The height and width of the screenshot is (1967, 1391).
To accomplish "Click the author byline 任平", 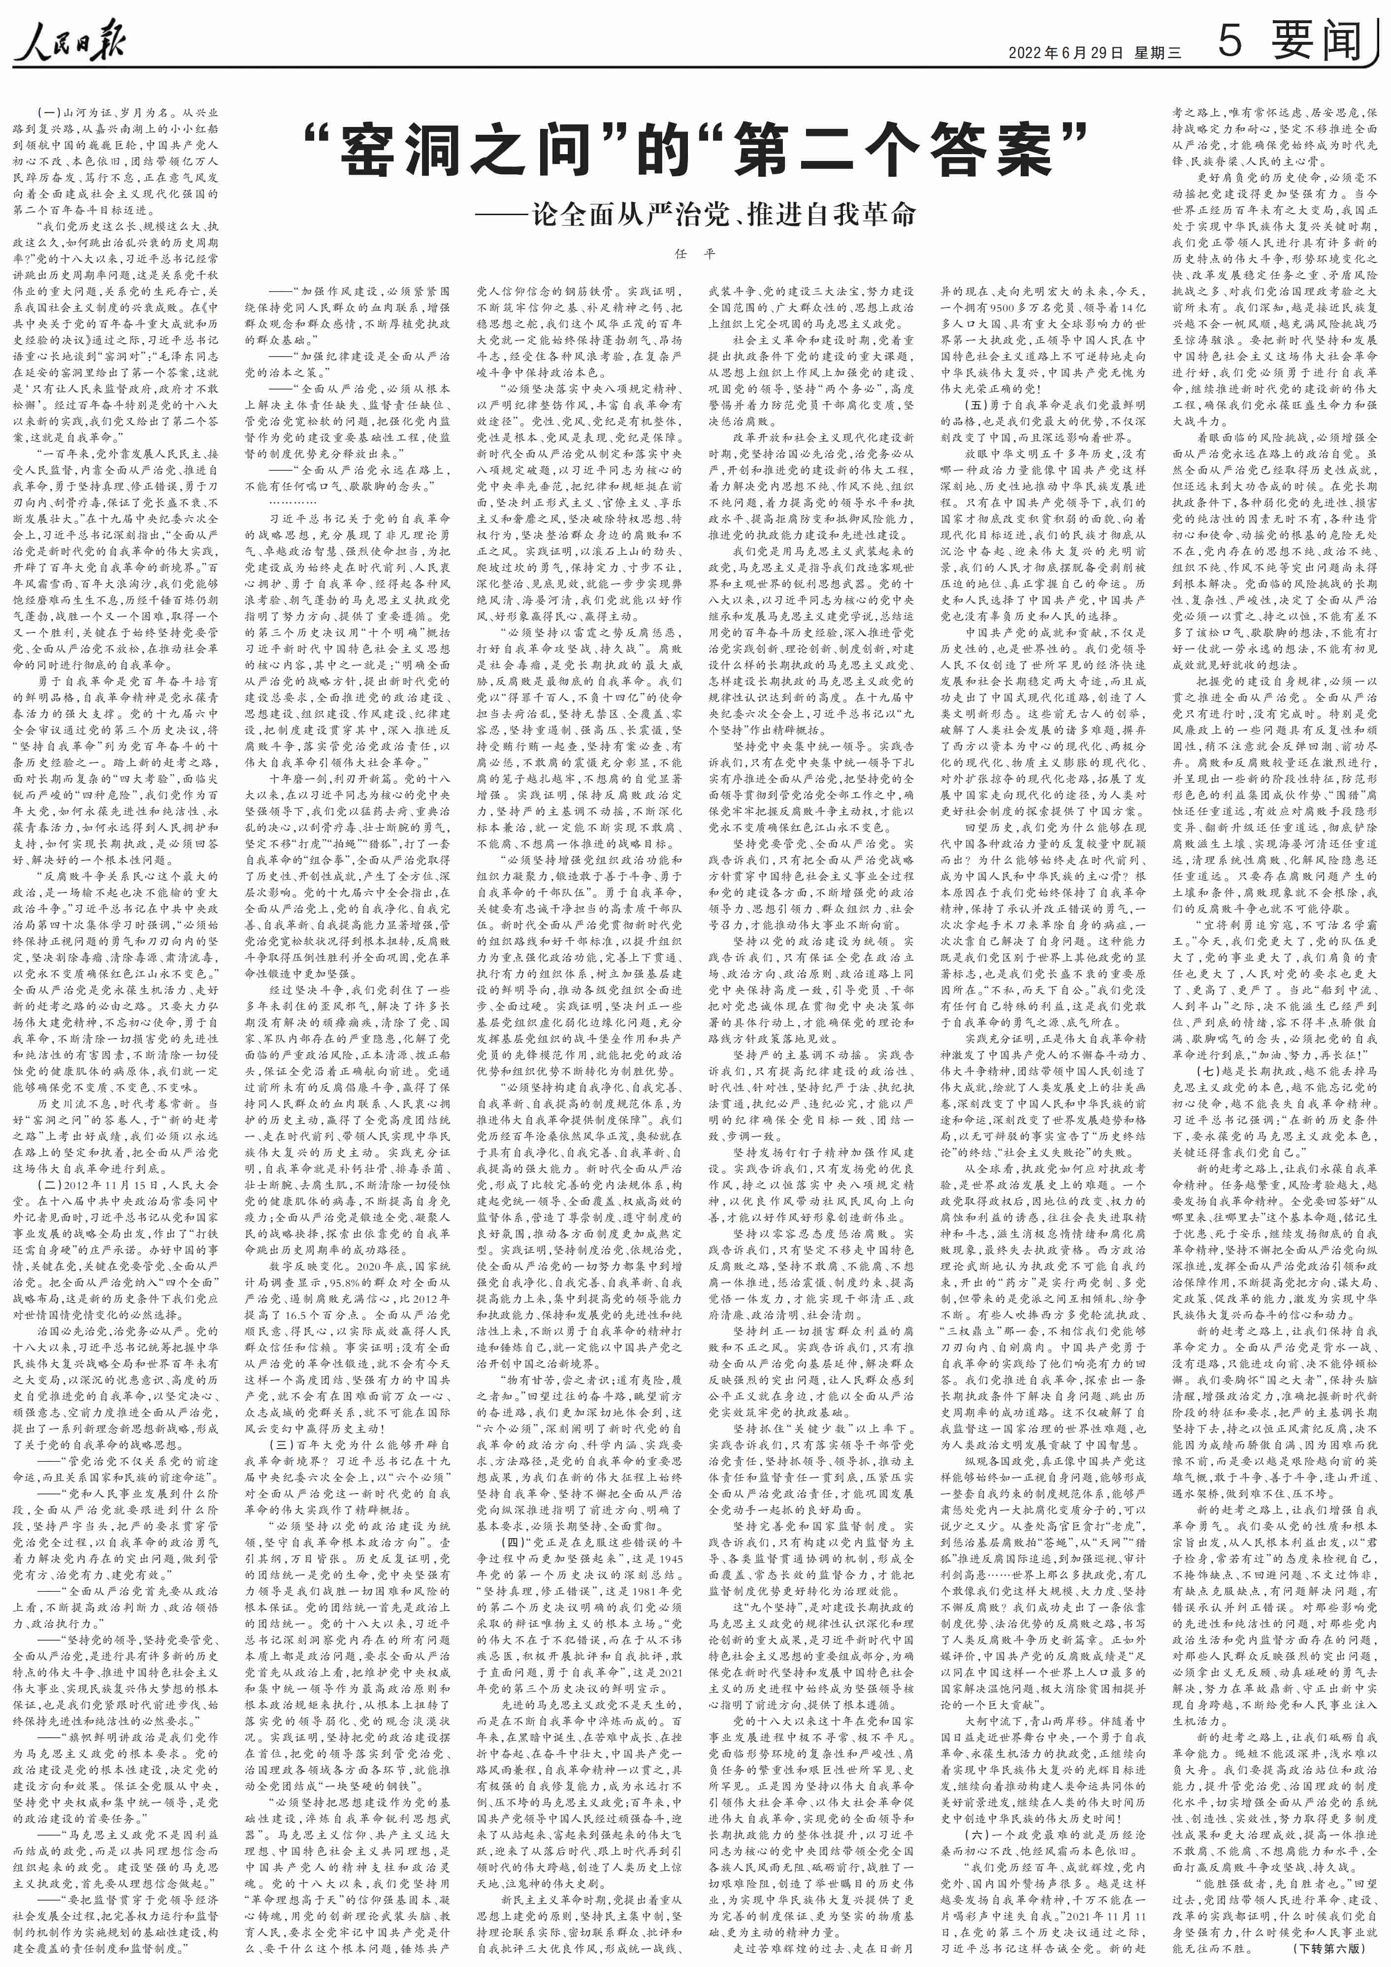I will point(695,254).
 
